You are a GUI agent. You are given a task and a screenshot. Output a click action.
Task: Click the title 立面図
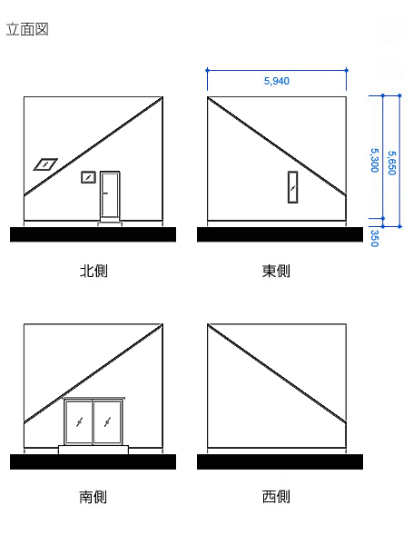[27, 29]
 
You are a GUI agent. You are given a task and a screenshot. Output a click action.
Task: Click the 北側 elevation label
[93, 271]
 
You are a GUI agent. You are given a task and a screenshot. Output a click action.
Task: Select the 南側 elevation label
[93, 497]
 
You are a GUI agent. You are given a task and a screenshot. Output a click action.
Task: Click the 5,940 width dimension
[276, 81]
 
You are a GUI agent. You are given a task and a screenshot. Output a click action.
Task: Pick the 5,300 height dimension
[374, 160]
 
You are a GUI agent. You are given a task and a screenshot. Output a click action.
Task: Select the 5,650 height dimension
[391, 160]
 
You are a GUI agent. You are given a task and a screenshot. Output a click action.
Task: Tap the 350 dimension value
[374, 238]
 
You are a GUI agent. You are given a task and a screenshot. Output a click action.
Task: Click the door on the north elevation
[111, 194]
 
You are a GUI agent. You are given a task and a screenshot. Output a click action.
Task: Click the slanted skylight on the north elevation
[44, 164]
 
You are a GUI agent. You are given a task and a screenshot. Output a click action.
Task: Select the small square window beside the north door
[88, 177]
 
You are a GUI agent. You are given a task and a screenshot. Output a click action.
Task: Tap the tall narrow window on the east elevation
[292, 187]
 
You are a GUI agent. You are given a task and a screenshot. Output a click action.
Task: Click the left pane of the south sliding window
[79, 422]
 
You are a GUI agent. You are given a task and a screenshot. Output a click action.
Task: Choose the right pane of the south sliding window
[109, 422]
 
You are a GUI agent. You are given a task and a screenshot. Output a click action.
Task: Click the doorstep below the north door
[111, 220]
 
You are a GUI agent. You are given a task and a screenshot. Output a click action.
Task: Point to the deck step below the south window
[93, 448]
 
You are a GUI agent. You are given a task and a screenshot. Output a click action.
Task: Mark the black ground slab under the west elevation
[280, 461]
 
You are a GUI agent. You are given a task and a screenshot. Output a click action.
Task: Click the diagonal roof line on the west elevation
[276, 373]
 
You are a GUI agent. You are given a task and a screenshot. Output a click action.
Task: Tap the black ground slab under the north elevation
[93, 234]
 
